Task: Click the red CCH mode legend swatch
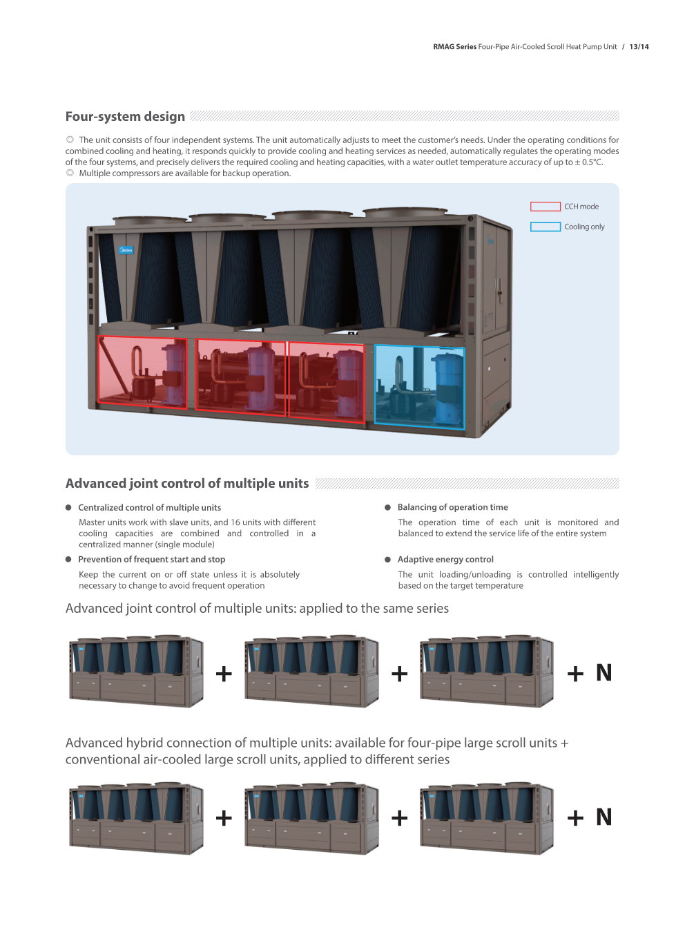[545, 207]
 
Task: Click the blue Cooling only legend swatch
[545, 227]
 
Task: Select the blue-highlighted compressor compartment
[419, 386]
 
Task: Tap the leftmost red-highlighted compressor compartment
[142, 371]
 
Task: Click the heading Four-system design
[125, 117]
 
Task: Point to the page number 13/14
[639, 47]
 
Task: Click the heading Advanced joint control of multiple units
[187, 484]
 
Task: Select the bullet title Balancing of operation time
[452, 507]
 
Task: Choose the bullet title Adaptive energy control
[445, 560]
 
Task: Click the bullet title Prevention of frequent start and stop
[151, 560]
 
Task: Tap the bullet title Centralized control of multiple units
[149, 508]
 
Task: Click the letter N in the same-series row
[604, 673]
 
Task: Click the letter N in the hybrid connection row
[604, 817]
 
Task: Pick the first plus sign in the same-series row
[224, 674]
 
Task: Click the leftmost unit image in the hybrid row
[137, 818]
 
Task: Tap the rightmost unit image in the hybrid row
[487, 818]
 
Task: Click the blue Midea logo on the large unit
[126, 250]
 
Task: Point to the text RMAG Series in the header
[454, 47]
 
